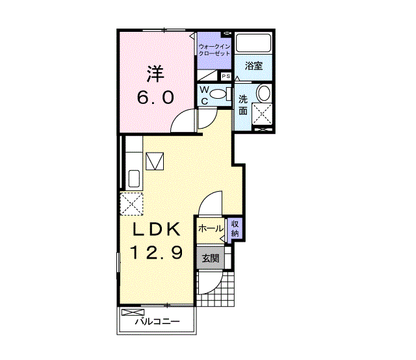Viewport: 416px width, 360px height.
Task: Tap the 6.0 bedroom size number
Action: [155, 98]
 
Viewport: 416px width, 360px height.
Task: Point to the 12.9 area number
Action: [154, 253]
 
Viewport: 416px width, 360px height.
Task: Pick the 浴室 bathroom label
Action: [254, 66]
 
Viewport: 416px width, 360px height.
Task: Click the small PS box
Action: [226, 77]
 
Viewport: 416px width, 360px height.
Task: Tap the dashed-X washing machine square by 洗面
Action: [263, 113]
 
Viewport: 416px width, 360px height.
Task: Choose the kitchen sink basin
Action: [134, 178]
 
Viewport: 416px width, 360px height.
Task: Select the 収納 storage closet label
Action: [234, 228]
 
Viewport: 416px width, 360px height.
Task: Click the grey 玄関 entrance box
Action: [209, 258]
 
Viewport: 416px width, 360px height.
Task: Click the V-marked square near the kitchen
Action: [155, 161]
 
